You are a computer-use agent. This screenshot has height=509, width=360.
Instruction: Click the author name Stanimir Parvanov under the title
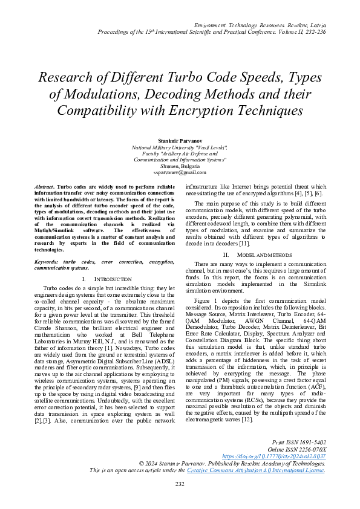[x=180, y=140]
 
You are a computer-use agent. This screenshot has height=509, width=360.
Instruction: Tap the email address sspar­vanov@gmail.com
[x=180, y=172]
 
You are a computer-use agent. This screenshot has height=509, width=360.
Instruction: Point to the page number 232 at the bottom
[x=180, y=484]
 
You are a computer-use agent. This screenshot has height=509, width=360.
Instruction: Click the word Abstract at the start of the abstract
[x=44, y=189]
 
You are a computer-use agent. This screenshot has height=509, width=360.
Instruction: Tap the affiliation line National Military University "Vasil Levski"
[x=180, y=148]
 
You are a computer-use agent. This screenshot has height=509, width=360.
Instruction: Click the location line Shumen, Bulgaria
[x=180, y=166]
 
